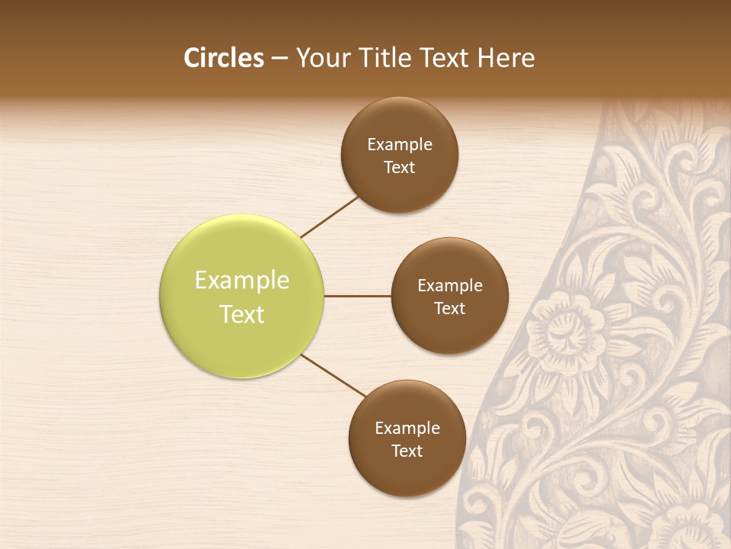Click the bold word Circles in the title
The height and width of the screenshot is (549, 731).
tap(224, 58)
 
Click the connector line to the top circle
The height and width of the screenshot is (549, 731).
tap(330, 217)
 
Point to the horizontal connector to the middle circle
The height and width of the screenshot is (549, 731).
tap(357, 296)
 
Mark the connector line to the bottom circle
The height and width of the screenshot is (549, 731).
tap(333, 375)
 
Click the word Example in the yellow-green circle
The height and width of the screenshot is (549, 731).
tap(242, 281)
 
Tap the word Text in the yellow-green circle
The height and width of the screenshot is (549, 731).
tap(242, 314)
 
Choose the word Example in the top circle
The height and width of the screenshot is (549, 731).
tap(400, 144)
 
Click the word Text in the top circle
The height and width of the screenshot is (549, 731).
tap(400, 167)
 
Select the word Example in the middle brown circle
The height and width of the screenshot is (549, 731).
tap(450, 286)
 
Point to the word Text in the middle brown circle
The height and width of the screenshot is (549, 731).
tap(450, 308)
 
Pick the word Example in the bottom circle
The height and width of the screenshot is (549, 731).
tap(407, 428)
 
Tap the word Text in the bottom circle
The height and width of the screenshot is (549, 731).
tap(407, 451)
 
